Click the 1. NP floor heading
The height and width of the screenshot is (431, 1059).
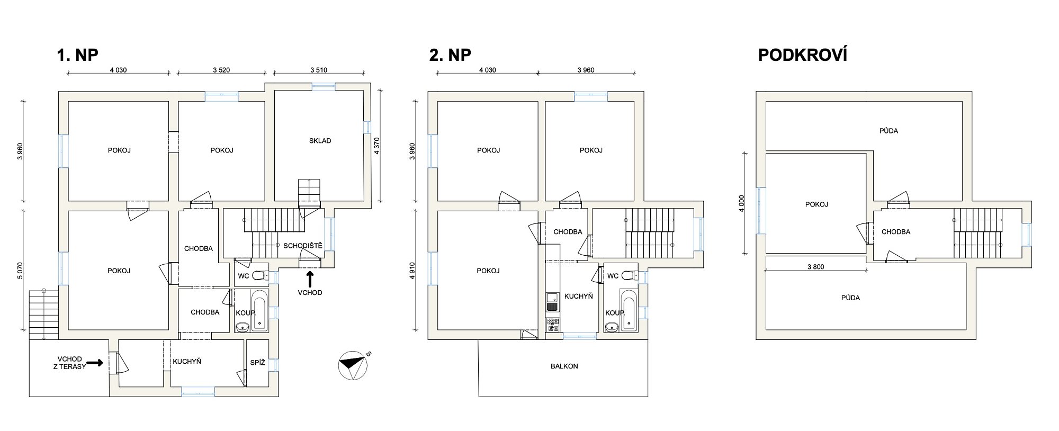(77, 55)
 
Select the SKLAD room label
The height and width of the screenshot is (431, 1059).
(320, 141)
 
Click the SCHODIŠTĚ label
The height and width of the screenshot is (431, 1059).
(302, 246)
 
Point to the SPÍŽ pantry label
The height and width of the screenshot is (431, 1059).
(257, 363)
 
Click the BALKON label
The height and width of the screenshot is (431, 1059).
(564, 366)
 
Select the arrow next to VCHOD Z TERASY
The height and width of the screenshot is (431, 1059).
(94, 363)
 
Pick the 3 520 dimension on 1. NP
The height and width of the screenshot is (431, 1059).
(221, 70)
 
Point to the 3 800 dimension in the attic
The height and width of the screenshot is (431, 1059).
(815, 267)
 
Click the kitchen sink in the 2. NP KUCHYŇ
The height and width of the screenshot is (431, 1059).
(552, 302)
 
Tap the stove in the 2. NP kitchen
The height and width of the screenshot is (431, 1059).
(552, 325)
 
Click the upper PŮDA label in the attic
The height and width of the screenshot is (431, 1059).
(889, 131)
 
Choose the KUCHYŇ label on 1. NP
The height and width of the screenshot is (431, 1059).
(187, 362)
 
